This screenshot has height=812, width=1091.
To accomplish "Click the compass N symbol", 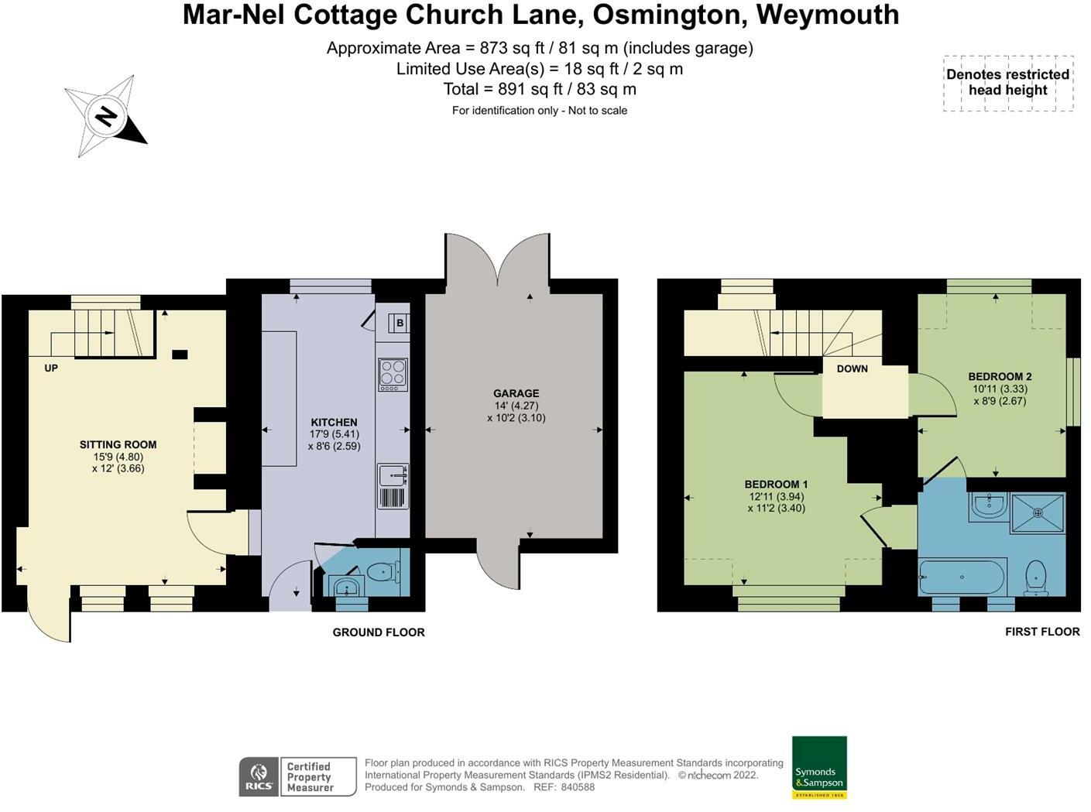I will (105, 117).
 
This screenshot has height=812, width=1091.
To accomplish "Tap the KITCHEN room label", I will (334, 423).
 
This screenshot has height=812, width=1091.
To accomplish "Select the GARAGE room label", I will (516, 393).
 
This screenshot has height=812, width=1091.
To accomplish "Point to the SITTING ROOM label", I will (118, 444).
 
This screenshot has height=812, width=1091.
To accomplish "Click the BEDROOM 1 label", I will (776, 485).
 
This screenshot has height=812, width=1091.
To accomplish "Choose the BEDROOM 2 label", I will (1000, 377).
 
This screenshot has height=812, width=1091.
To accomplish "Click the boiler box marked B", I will (400, 323).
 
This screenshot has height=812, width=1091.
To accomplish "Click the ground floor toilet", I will (382, 572).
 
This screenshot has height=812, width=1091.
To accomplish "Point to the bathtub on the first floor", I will (962, 577).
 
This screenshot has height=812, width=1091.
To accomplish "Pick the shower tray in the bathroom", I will (1038, 512).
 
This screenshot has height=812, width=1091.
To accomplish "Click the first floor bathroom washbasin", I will (988, 506).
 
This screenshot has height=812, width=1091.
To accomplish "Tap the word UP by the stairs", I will (51, 368).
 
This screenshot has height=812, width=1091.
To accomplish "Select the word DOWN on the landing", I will (852, 368).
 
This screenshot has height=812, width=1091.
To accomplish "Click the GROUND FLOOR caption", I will (379, 632).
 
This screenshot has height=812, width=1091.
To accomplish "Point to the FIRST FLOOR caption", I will (1042, 632).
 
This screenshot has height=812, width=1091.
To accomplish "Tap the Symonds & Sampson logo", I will (819, 767).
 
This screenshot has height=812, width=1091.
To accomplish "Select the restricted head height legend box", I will (1008, 83).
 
